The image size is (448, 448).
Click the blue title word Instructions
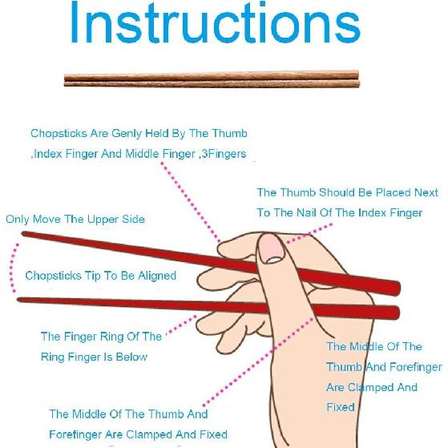click(x=214, y=24)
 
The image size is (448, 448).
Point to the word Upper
click(x=99, y=220)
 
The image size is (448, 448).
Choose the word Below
click(x=131, y=357)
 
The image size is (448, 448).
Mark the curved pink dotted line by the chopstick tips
click(x=10, y=267)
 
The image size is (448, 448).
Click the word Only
click(x=18, y=220)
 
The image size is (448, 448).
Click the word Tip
click(x=95, y=276)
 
